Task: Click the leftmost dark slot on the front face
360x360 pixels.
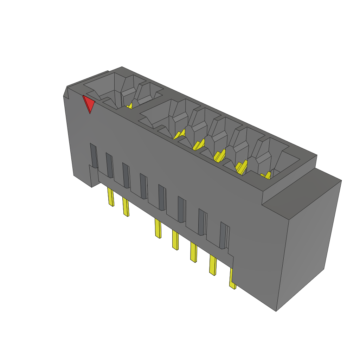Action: pos(94,155)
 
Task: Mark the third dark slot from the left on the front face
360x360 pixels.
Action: pos(126,175)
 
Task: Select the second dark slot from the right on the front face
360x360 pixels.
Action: pos(202,221)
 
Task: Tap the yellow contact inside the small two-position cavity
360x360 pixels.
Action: pos(129,105)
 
